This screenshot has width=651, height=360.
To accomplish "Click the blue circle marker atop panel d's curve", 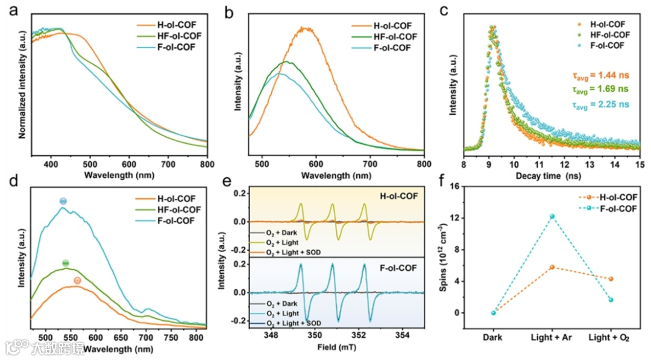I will pyautogui.click(x=63, y=201).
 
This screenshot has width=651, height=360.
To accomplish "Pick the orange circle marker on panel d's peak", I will pyautogui.click(x=77, y=280).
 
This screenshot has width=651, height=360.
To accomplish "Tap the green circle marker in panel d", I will pyautogui.click(x=66, y=263).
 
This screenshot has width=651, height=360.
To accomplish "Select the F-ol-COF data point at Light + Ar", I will pyautogui.click(x=552, y=216).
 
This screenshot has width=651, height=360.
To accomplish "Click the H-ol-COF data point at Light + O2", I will pyautogui.click(x=611, y=279).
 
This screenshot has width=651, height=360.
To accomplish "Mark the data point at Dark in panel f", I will pyautogui.click(x=493, y=312).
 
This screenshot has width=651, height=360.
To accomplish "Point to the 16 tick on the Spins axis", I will pyautogui.click(x=465, y=187).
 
